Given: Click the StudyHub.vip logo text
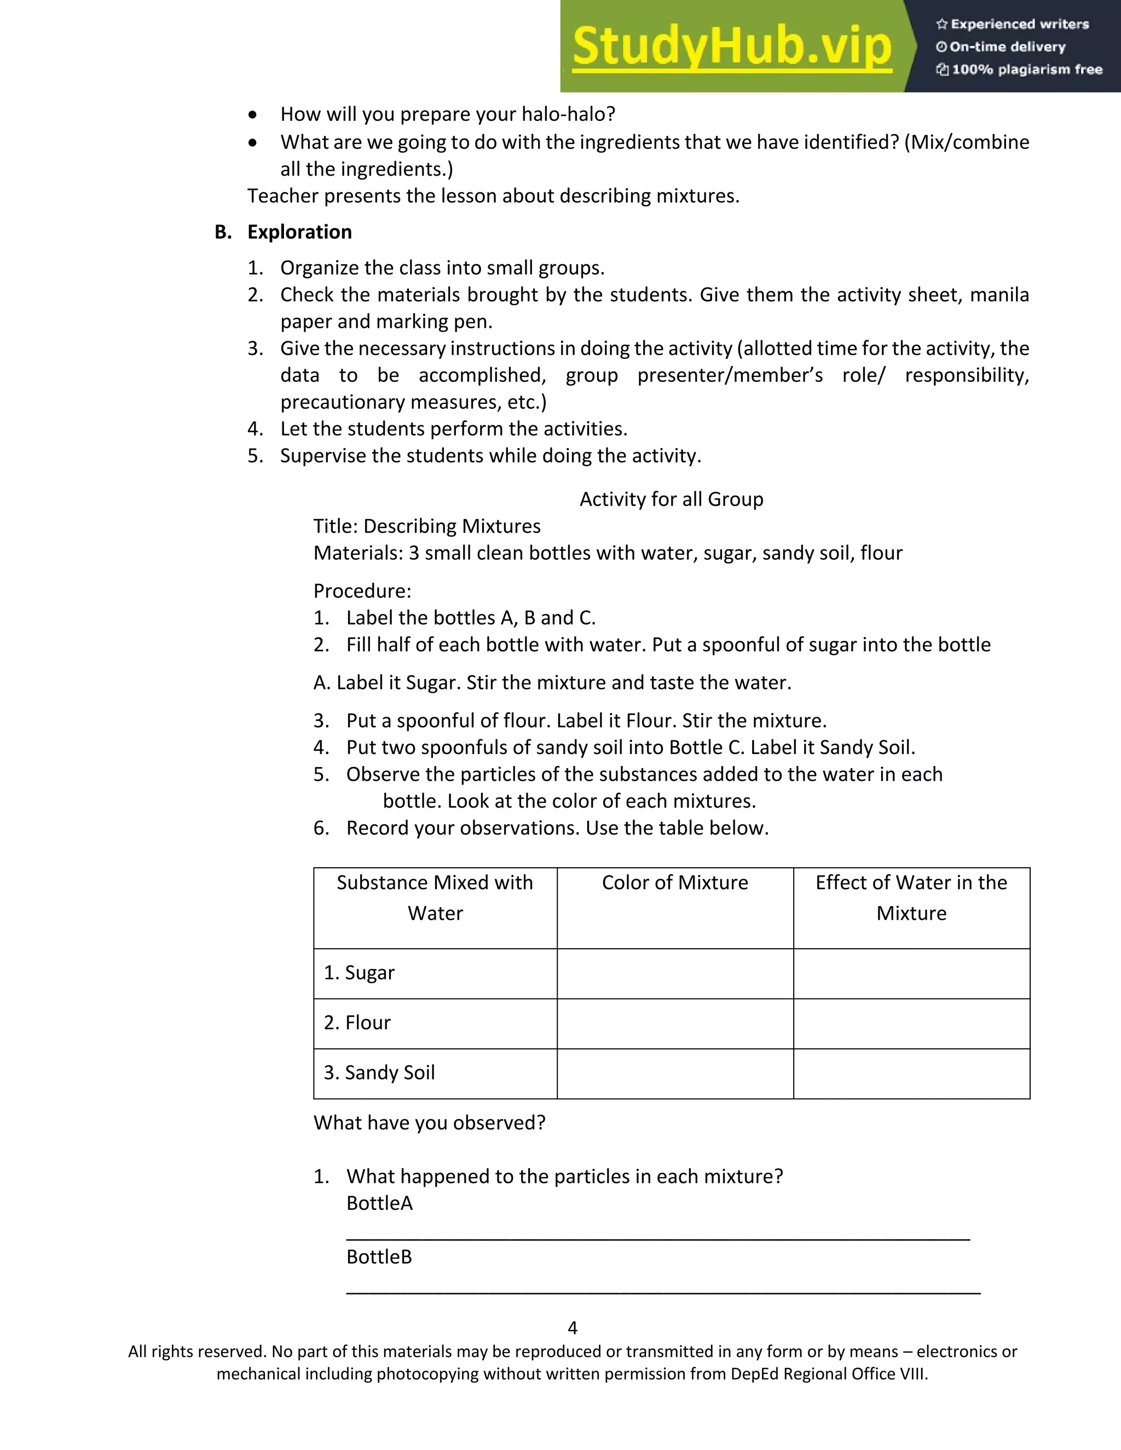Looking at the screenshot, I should click(731, 47).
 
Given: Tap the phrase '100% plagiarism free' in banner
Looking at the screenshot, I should click(1026, 69).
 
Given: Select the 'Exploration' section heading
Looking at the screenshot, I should click(299, 231).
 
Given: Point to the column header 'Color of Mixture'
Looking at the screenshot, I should click(675, 883).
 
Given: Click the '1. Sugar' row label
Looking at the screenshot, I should click(359, 973).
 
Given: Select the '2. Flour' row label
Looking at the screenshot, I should click(357, 1023).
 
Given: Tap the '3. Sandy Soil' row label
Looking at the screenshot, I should click(379, 1072).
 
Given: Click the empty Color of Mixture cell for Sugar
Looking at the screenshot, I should click(675, 973).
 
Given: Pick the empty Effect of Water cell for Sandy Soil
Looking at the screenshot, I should click(911, 1074).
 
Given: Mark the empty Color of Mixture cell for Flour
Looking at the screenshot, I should click(675, 1023).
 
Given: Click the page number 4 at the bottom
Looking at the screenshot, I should click(573, 1328).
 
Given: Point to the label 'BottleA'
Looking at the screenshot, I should click(379, 1203).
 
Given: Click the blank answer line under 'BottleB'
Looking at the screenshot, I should click(663, 1291).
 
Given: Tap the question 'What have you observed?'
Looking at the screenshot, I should click(429, 1123).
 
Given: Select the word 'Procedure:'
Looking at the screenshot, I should click(362, 591).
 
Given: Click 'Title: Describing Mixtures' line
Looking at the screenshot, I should click(427, 526).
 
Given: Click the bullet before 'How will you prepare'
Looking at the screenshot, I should click(252, 115).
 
